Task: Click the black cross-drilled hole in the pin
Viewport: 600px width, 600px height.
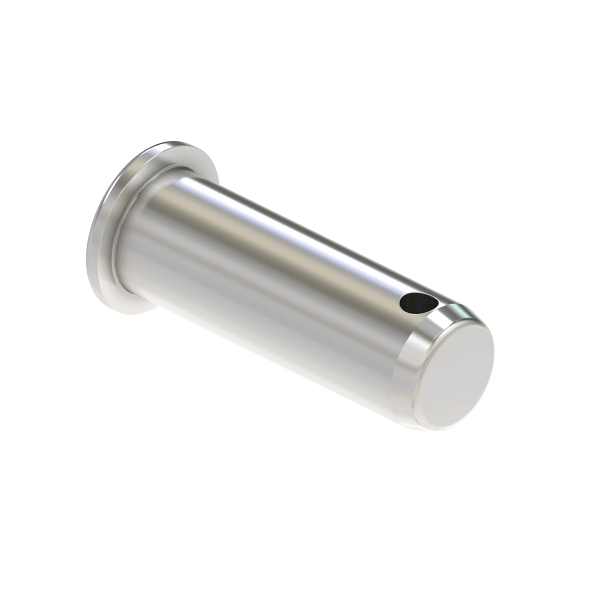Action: tap(418, 302)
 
